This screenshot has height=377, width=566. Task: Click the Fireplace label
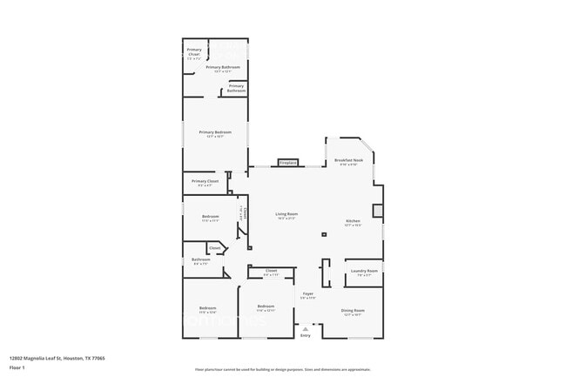pyautogui.click(x=288, y=163)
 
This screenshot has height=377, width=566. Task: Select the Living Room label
pyautogui.click(x=286, y=214)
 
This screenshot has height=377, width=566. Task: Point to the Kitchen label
pyautogui.click(x=353, y=221)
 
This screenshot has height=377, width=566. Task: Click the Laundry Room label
pyautogui.click(x=364, y=272)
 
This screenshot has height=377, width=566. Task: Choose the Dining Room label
pyautogui.click(x=353, y=311)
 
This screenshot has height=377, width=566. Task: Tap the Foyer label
pyautogui.click(x=307, y=294)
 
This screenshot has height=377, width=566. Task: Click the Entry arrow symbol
pyautogui.click(x=305, y=327)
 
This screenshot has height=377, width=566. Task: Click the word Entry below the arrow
pyautogui.click(x=305, y=335)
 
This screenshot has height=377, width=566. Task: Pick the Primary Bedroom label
pyautogui.click(x=215, y=132)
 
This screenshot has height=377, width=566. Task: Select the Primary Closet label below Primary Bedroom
pyautogui.click(x=206, y=181)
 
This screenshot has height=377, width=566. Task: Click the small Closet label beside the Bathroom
pyautogui.click(x=213, y=248)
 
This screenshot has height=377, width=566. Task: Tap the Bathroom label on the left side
pyautogui.click(x=201, y=259)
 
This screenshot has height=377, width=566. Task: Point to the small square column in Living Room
pyautogui.click(x=323, y=233)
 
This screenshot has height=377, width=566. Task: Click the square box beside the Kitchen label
pyautogui.click(x=377, y=211)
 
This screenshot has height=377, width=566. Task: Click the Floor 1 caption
pyautogui.click(x=17, y=367)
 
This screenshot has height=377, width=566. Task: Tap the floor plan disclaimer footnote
pyautogui.click(x=282, y=369)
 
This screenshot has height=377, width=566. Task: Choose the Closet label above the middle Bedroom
pyautogui.click(x=271, y=271)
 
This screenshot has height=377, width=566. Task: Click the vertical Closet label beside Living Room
pyautogui.click(x=246, y=212)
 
